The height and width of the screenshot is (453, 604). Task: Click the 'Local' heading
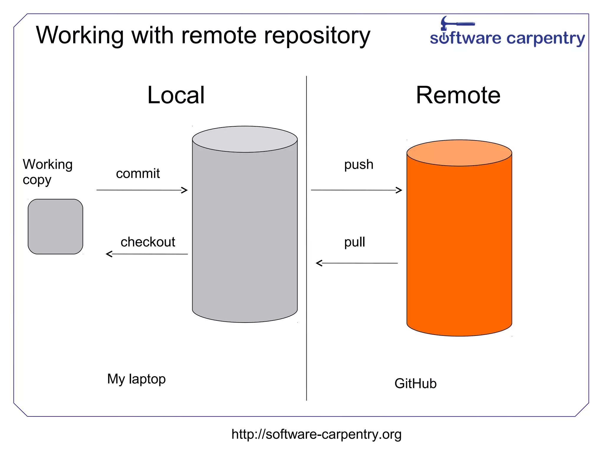(176, 95)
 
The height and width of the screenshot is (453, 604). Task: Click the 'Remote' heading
(458, 95)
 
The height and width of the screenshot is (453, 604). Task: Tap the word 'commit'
(138, 174)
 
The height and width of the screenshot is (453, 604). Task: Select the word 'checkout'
(148, 242)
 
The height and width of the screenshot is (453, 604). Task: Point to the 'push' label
(359, 164)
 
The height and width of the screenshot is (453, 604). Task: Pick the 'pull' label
(354, 242)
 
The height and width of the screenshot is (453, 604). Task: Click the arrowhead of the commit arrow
(185, 190)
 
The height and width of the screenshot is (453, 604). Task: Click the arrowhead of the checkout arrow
(109, 254)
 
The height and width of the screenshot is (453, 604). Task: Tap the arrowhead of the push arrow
(400, 190)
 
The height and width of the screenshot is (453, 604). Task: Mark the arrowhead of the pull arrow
(319, 263)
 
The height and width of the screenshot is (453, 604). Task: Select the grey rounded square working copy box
(55, 227)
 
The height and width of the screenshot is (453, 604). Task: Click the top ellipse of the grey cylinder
(245, 139)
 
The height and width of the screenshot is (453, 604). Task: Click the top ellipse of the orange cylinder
(459, 153)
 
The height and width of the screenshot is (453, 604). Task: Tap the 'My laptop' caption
(136, 379)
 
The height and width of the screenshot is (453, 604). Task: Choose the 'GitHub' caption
(415, 384)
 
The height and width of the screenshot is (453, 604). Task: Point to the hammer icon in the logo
(454, 23)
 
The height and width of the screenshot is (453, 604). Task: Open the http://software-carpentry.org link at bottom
(316, 434)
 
